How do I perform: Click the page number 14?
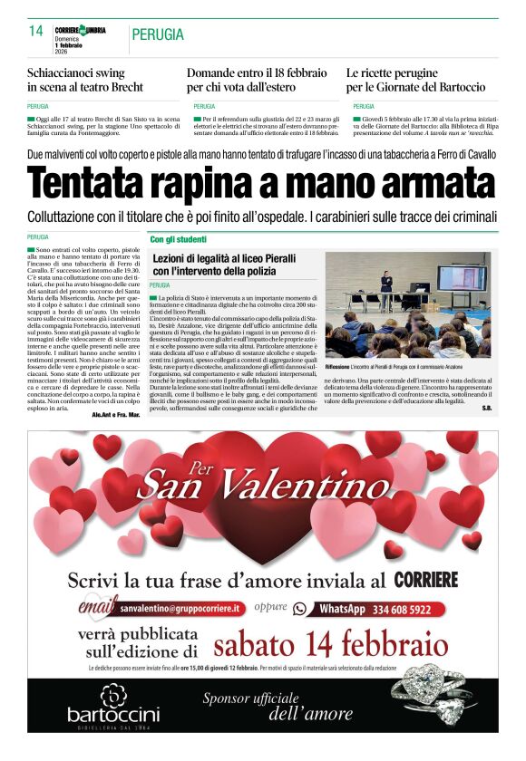[x=36, y=31]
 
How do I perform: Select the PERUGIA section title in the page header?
[x=158, y=34]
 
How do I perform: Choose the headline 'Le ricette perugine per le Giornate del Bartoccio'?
[x=415, y=80]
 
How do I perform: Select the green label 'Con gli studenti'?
[x=179, y=240]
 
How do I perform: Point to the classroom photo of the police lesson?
[x=407, y=304]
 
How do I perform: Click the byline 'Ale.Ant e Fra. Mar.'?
[x=115, y=414]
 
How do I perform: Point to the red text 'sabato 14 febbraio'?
[x=331, y=644]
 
